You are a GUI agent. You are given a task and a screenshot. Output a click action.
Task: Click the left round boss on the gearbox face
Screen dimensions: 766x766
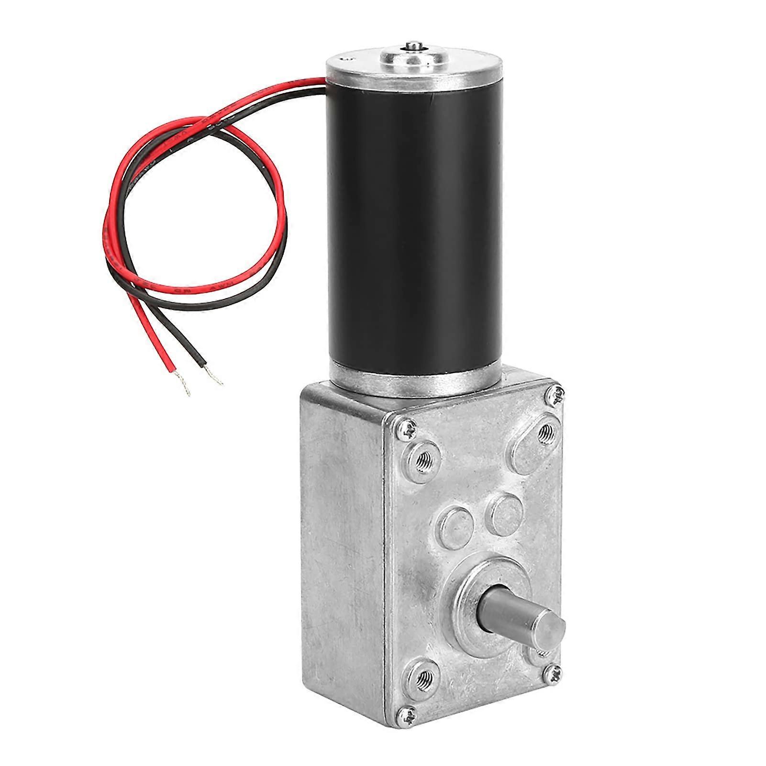pos(455,526)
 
